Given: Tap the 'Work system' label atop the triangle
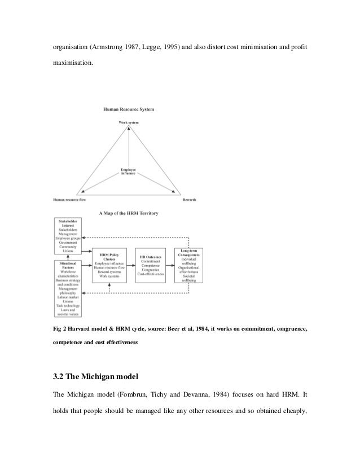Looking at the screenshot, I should click(129, 122).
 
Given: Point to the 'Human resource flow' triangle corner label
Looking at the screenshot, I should click(72, 199).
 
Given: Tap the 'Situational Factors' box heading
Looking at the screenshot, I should click(69, 267).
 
